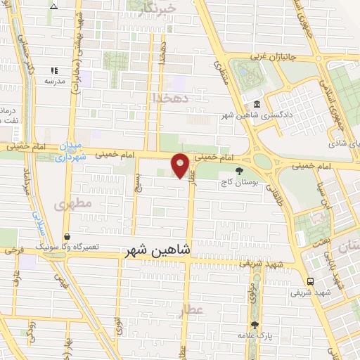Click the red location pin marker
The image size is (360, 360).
coord(181,165)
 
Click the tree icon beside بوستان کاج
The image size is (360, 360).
coord(240,171)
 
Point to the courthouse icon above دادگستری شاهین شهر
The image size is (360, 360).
coord(256,105)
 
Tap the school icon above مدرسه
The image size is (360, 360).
coord(54,71)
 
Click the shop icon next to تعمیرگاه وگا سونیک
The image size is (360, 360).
coord(66,237)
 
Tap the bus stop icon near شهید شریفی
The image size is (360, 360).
coord(310,280)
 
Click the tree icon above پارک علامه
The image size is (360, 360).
coord(255,326)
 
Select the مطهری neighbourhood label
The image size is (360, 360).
coord(69,205)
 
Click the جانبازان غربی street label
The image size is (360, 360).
coord(285,56)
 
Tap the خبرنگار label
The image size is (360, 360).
coord(155,8)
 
